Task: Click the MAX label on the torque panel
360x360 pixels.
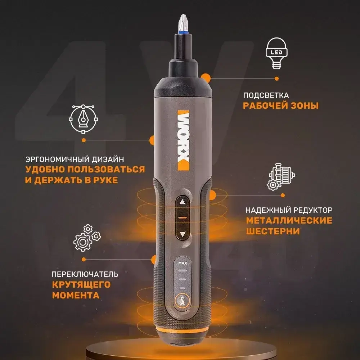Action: click(x=183, y=263)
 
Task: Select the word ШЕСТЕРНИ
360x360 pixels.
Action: click(x=273, y=231)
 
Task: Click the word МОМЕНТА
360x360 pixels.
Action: click(x=76, y=296)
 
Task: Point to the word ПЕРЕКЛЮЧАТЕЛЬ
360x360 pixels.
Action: click(x=85, y=274)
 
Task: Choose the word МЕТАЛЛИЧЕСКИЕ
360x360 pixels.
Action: click(x=289, y=220)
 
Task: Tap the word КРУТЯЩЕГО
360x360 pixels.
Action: click(x=81, y=285)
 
